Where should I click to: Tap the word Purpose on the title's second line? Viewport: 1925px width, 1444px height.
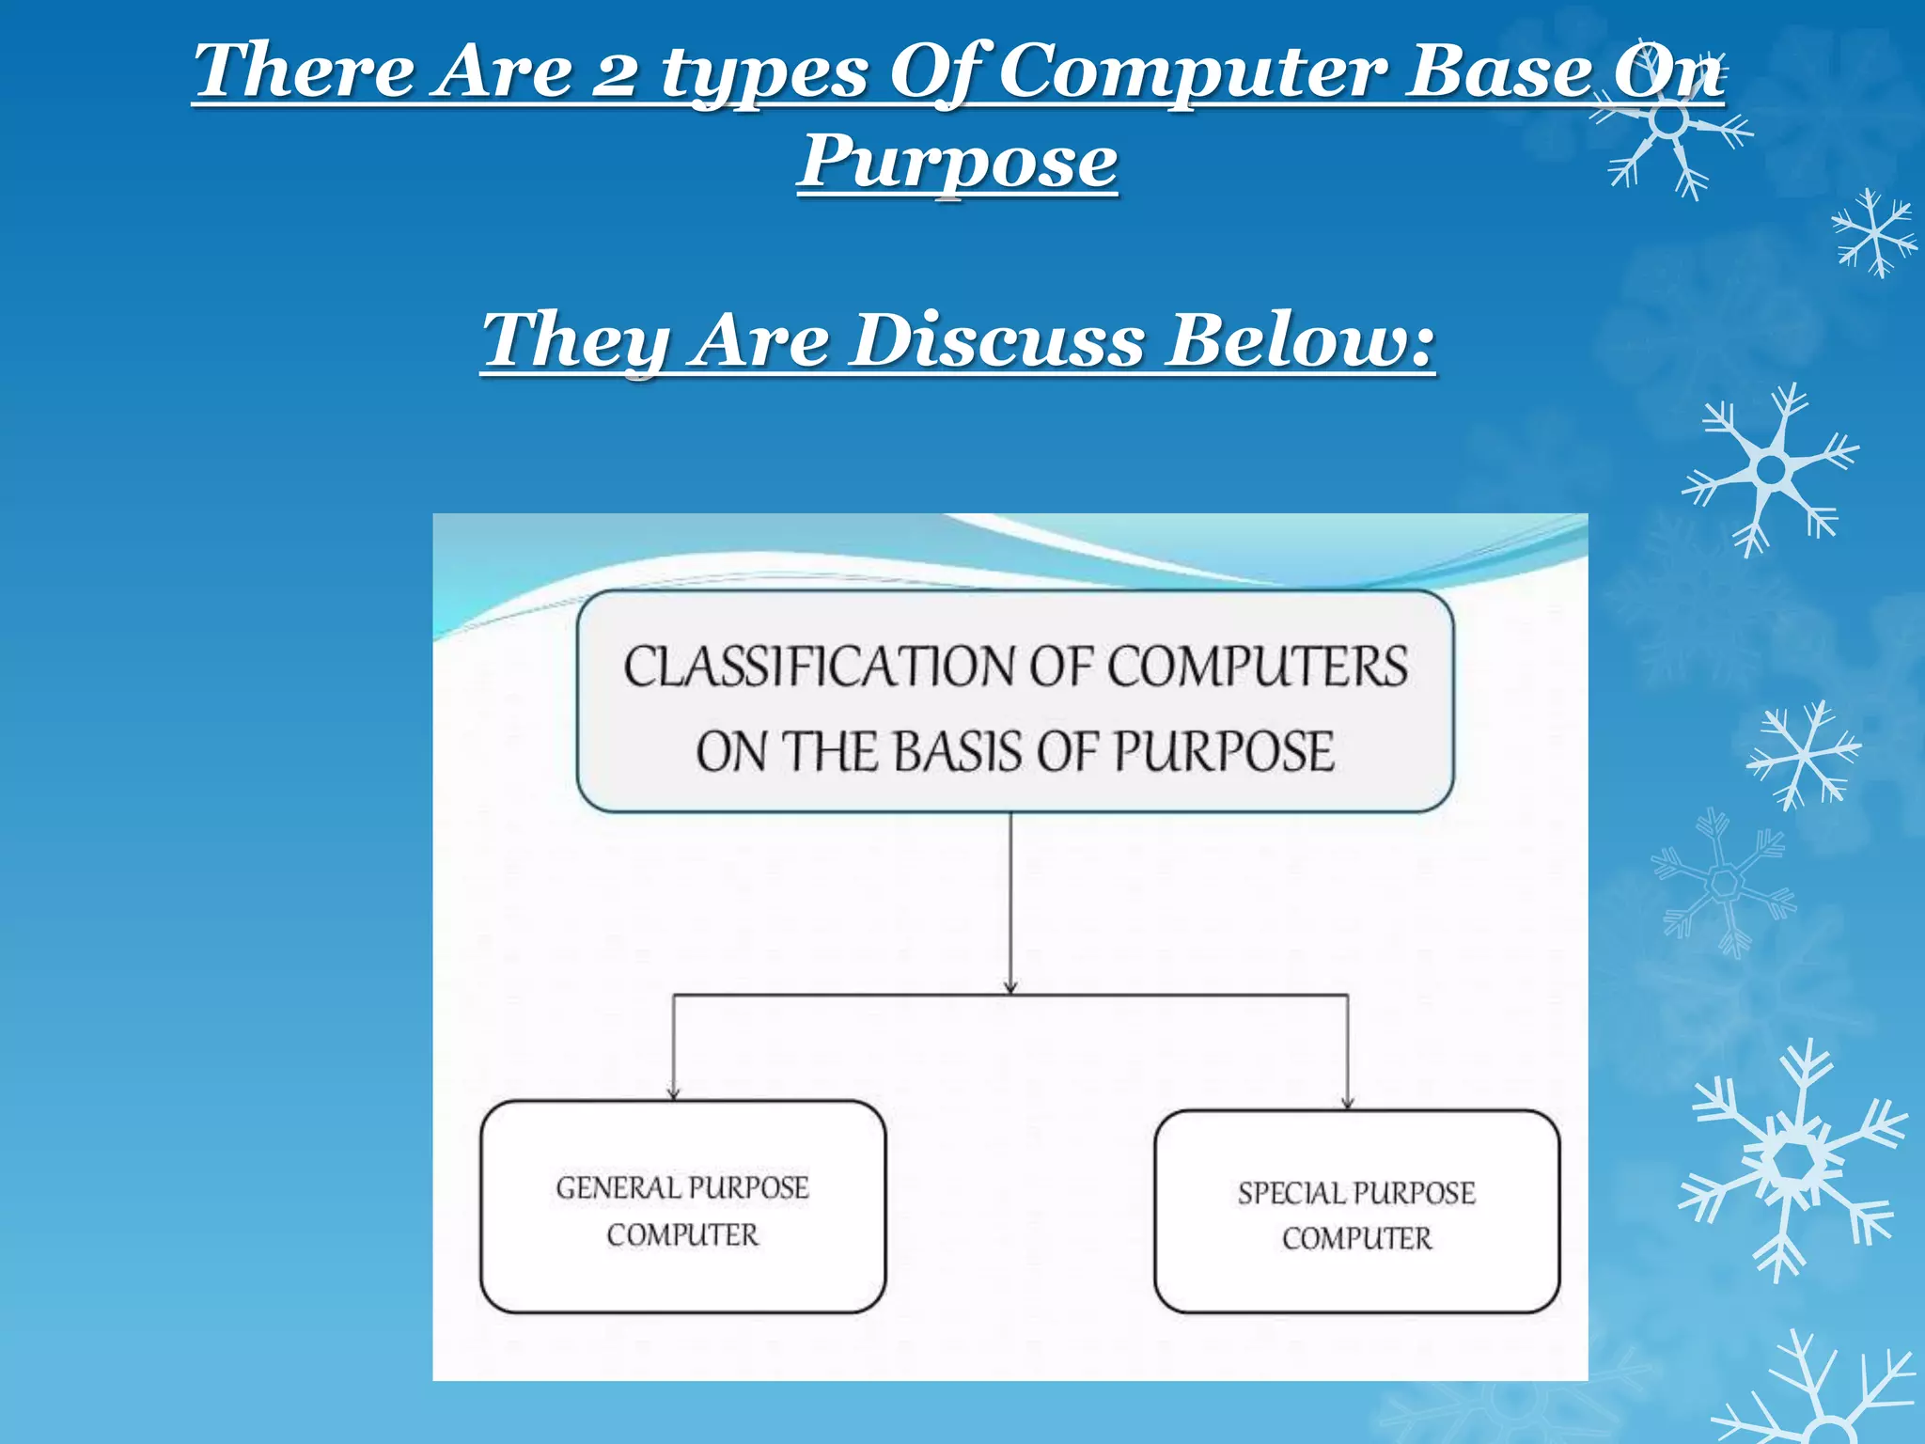pos(958,162)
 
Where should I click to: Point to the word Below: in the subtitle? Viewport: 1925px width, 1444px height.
pos(1301,340)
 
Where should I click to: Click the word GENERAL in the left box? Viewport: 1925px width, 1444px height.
pos(617,1187)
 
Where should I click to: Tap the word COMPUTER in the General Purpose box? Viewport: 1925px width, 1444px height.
pos(682,1234)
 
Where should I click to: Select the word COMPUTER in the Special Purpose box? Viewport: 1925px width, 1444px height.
pos(1356,1238)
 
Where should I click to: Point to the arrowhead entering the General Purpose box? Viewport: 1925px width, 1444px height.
pos(673,1092)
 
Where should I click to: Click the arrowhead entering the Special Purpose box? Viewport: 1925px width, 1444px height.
pos(1347,1102)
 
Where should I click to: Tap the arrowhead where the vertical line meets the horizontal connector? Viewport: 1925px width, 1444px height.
pos(1010,987)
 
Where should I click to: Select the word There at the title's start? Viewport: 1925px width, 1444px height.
pos(304,71)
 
